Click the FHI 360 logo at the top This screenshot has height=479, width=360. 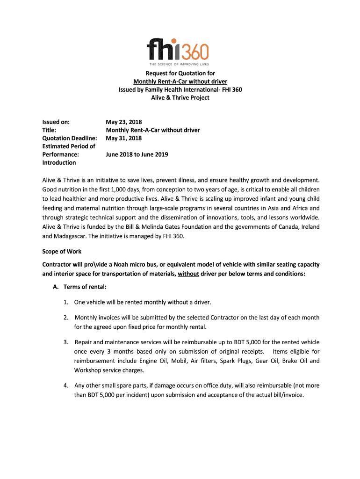click(x=178, y=49)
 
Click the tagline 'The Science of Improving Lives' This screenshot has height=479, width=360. click(x=179, y=64)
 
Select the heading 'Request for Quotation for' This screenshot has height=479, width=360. click(x=180, y=73)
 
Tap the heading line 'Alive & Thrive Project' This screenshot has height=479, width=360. click(x=180, y=98)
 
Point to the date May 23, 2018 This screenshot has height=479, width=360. click(x=124, y=122)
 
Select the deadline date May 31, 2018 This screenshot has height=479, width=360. click(x=124, y=138)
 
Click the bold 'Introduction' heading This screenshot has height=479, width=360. click(x=59, y=163)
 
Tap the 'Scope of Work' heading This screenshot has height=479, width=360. click(x=62, y=251)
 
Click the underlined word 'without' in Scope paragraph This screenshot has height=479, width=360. click(x=188, y=274)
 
